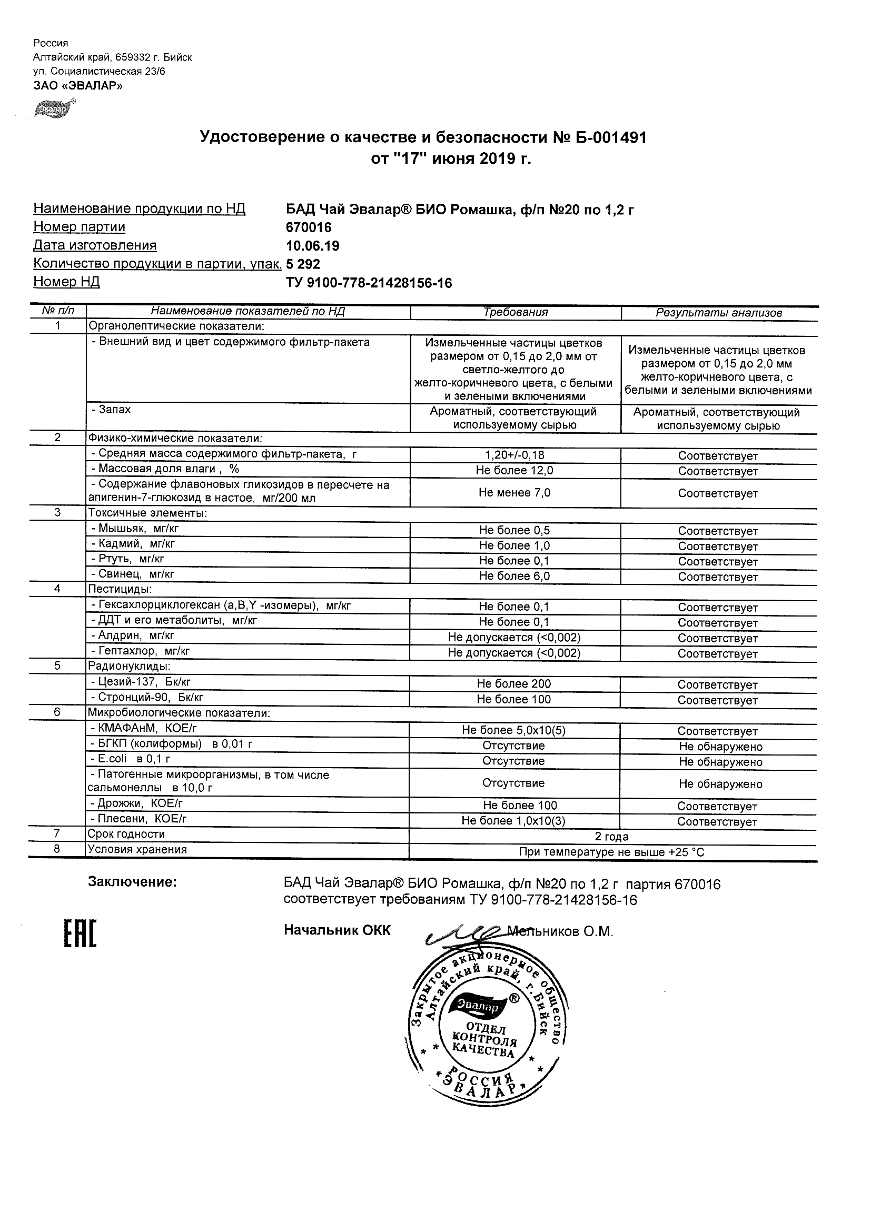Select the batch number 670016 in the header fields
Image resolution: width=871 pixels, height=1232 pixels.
pos(309,227)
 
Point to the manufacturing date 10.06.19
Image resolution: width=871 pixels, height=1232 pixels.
pos(313,246)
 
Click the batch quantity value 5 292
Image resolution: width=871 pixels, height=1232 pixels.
pos(303,264)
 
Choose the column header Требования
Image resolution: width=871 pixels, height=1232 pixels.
pos(515,312)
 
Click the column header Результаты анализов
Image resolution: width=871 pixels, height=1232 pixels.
pos(719,313)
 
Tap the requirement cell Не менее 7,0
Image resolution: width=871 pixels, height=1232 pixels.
pos(514,493)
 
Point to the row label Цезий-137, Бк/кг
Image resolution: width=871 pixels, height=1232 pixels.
pos(141,682)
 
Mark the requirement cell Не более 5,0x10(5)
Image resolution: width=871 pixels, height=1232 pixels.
pos(513,730)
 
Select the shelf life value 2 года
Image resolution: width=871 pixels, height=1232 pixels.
pos(612,837)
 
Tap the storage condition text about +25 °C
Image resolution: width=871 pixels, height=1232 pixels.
pos(611,852)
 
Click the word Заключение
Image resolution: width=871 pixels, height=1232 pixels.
pos(132,882)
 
